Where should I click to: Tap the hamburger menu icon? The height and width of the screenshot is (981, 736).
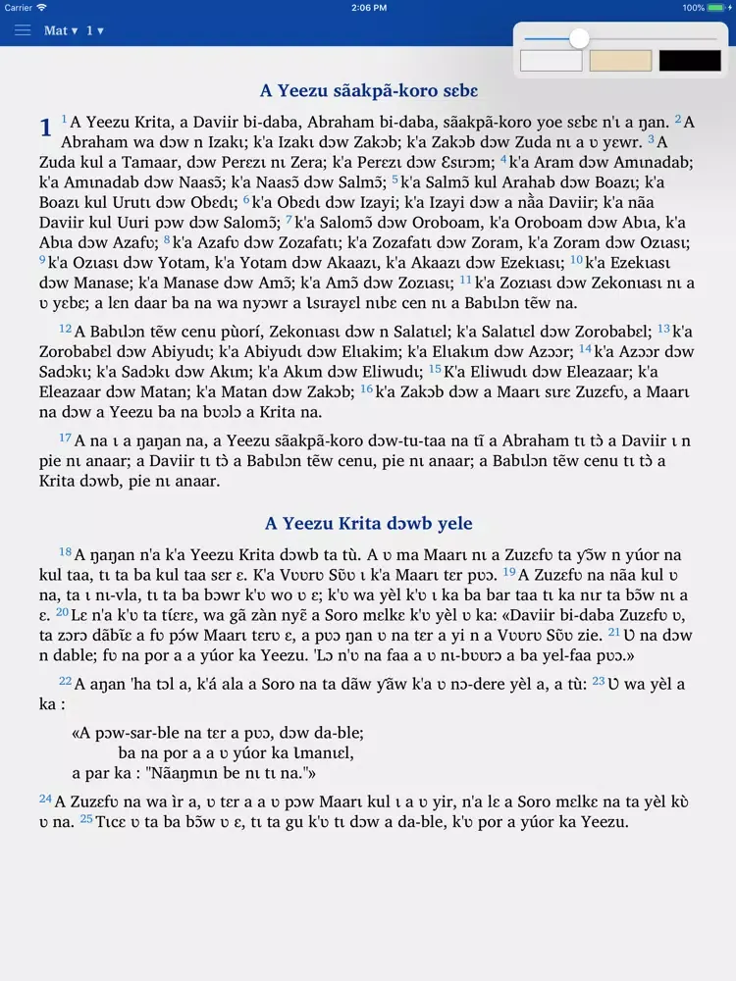pyautogui.click(x=23, y=30)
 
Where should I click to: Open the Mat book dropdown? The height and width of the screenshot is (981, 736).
pyautogui.click(x=60, y=30)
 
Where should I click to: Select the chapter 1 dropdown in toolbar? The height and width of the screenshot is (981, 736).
pyautogui.click(x=95, y=30)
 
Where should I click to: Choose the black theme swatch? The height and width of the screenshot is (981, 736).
pyautogui.click(x=690, y=61)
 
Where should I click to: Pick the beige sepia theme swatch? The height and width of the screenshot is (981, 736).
pyautogui.click(x=620, y=61)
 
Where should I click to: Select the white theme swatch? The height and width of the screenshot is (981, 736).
pyautogui.click(x=551, y=61)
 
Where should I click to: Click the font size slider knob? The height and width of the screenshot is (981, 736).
pyautogui.click(x=580, y=38)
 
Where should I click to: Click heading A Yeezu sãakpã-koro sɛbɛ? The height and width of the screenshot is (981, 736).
pyautogui.click(x=368, y=91)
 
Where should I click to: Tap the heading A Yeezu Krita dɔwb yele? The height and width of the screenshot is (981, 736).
pyautogui.click(x=368, y=524)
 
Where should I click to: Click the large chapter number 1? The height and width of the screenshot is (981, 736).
pyautogui.click(x=45, y=128)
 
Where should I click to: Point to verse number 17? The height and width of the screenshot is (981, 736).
pyautogui.click(x=65, y=437)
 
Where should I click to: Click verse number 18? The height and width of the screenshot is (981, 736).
pyautogui.click(x=65, y=551)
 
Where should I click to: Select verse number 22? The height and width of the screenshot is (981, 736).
pyautogui.click(x=65, y=680)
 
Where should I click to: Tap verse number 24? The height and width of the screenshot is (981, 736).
pyautogui.click(x=45, y=799)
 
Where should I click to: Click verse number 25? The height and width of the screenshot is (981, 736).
pyautogui.click(x=86, y=818)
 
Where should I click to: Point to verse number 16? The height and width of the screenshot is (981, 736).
pyautogui.click(x=366, y=388)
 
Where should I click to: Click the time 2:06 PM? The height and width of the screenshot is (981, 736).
pyautogui.click(x=368, y=8)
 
